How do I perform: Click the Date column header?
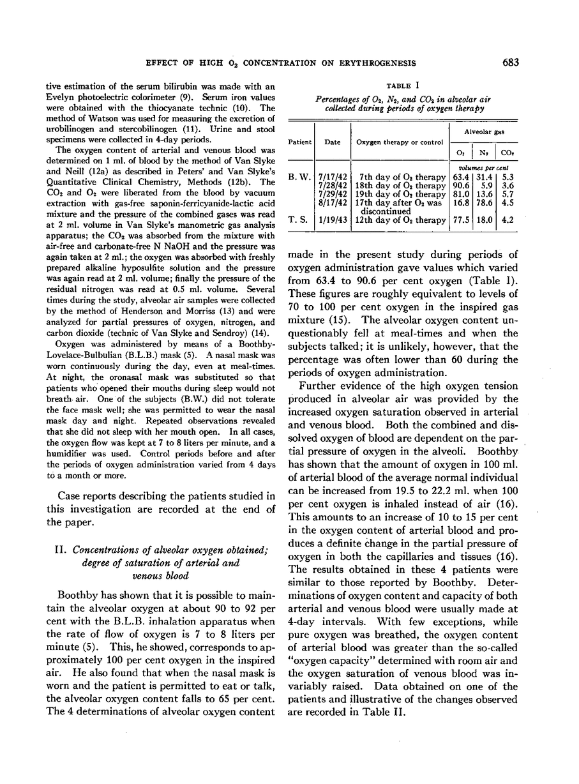coord(332,142)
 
